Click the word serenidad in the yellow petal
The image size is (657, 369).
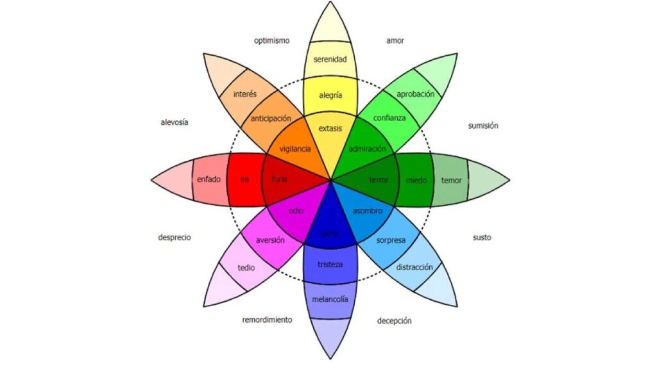tap(330, 60)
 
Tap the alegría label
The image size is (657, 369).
tap(330, 95)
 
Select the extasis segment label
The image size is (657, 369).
tap(330, 128)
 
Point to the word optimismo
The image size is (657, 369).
tap(271, 40)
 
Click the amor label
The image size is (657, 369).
tap(395, 40)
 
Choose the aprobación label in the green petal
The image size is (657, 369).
tap(415, 94)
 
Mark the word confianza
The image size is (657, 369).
tap(389, 118)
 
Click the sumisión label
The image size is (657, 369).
tap(483, 126)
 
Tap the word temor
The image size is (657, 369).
tap(451, 180)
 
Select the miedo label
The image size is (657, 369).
tap(416, 180)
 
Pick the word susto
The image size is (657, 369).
tap(482, 237)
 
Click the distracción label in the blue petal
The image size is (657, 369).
tap(414, 266)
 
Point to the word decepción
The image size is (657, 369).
tap(394, 320)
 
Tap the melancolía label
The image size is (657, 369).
tap(330, 299)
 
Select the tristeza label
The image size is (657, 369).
tap(330, 265)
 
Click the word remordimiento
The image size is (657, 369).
tap(267, 319)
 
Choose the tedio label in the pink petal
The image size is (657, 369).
tap(246, 267)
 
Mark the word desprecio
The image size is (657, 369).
tap(175, 237)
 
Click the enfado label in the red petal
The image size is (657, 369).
tap(209, 179)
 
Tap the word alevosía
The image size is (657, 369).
tap(175, 122)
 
